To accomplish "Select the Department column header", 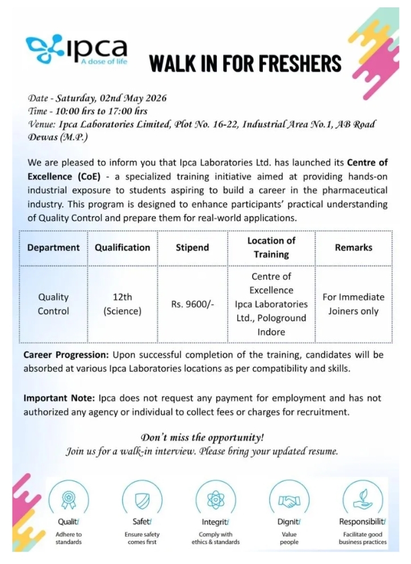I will click(x=53, y=248).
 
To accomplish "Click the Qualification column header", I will click(x=123, y=248).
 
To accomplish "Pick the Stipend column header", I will click(x=192, y=248).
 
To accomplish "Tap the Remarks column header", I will click(x=353, y=248).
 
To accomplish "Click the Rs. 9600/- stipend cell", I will click(x=192, y=304).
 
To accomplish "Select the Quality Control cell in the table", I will click(x=53, y=304).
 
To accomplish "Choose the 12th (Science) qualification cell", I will click(x=123, y=304).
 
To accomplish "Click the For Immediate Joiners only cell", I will click(x=353, y=304).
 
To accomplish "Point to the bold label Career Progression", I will click(x=66, y=355).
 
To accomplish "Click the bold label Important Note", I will click(x=60, y=398).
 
